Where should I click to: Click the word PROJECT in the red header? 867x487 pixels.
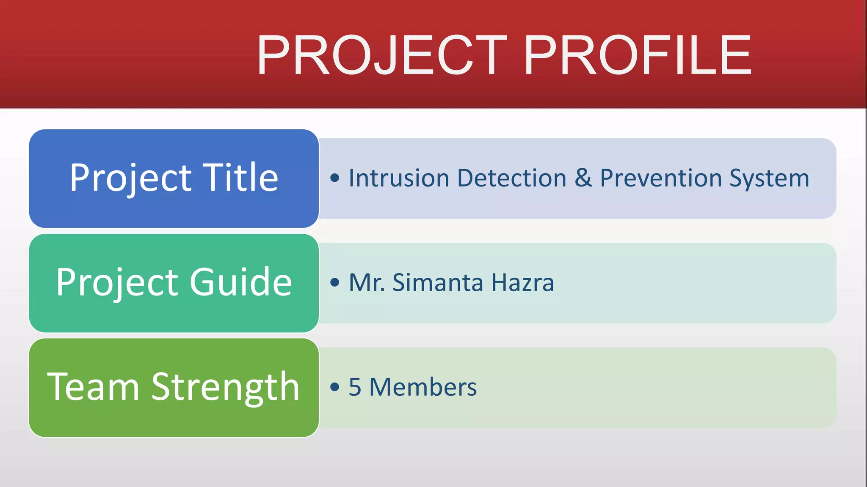click(382, 55)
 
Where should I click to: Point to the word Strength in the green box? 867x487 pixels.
click(225, 387)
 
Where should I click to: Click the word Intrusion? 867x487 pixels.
click(398, 178)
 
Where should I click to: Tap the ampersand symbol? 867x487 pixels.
click(583, 178)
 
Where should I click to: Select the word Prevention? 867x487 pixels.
click(660, 178)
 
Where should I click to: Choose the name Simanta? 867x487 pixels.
click(438, 282)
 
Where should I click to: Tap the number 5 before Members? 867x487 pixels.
click(355, 387)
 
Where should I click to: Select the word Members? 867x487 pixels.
click(422, 387)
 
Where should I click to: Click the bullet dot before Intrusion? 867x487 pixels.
click(334, 178)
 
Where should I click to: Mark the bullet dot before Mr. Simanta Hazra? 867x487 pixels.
click(334, 282)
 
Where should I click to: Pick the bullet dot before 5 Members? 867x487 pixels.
click(334, 387)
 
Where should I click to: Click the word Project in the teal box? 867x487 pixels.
click(117, 283)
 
